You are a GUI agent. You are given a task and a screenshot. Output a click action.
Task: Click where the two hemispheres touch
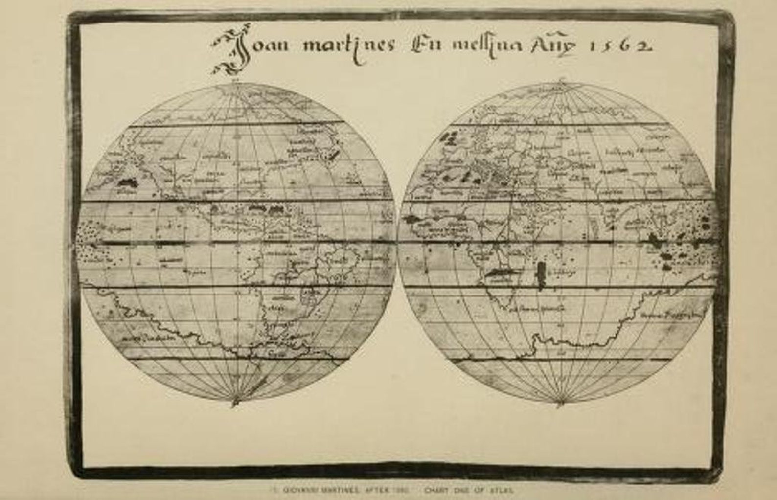[397, 243]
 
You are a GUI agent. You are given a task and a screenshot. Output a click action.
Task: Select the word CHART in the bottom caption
[435, 489]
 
